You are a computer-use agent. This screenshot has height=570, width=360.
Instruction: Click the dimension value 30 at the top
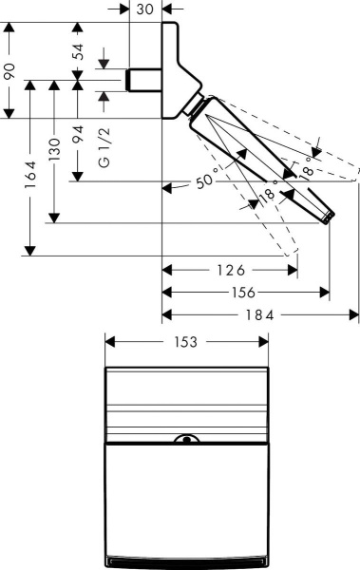[145, 9]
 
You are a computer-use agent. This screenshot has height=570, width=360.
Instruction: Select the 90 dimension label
[9, 71]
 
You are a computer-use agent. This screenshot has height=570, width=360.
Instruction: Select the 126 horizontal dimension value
[229, 269]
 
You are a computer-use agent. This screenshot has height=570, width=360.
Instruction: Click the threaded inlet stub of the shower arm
[144, 80]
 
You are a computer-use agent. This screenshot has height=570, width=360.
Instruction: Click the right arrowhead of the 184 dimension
[356, 315]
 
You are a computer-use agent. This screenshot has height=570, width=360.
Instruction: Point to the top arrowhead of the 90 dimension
[9, 27]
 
